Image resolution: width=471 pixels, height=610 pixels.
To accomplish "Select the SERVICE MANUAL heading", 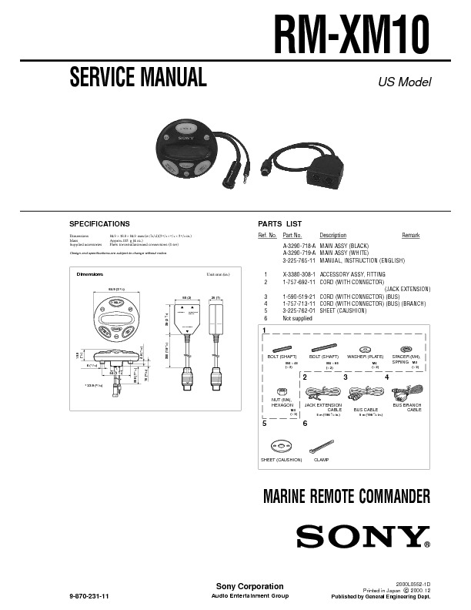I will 138,78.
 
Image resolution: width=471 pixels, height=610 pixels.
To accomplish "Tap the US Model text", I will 404,82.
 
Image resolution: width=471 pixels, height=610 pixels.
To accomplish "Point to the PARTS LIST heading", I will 279,223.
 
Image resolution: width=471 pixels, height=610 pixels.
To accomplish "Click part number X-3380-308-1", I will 299,274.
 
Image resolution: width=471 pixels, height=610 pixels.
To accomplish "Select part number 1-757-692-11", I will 299,282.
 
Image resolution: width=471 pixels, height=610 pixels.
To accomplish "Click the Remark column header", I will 410,235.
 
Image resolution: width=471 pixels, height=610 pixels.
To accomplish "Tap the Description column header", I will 332,235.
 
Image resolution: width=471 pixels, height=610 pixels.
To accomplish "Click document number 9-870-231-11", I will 90,596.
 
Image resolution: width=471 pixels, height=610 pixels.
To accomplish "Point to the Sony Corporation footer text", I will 239,587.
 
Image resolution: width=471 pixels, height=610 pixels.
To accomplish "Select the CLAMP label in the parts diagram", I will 321,459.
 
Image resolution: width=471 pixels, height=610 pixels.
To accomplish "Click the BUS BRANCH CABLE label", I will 407,407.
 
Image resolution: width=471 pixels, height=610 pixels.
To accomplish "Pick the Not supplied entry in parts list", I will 298,317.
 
